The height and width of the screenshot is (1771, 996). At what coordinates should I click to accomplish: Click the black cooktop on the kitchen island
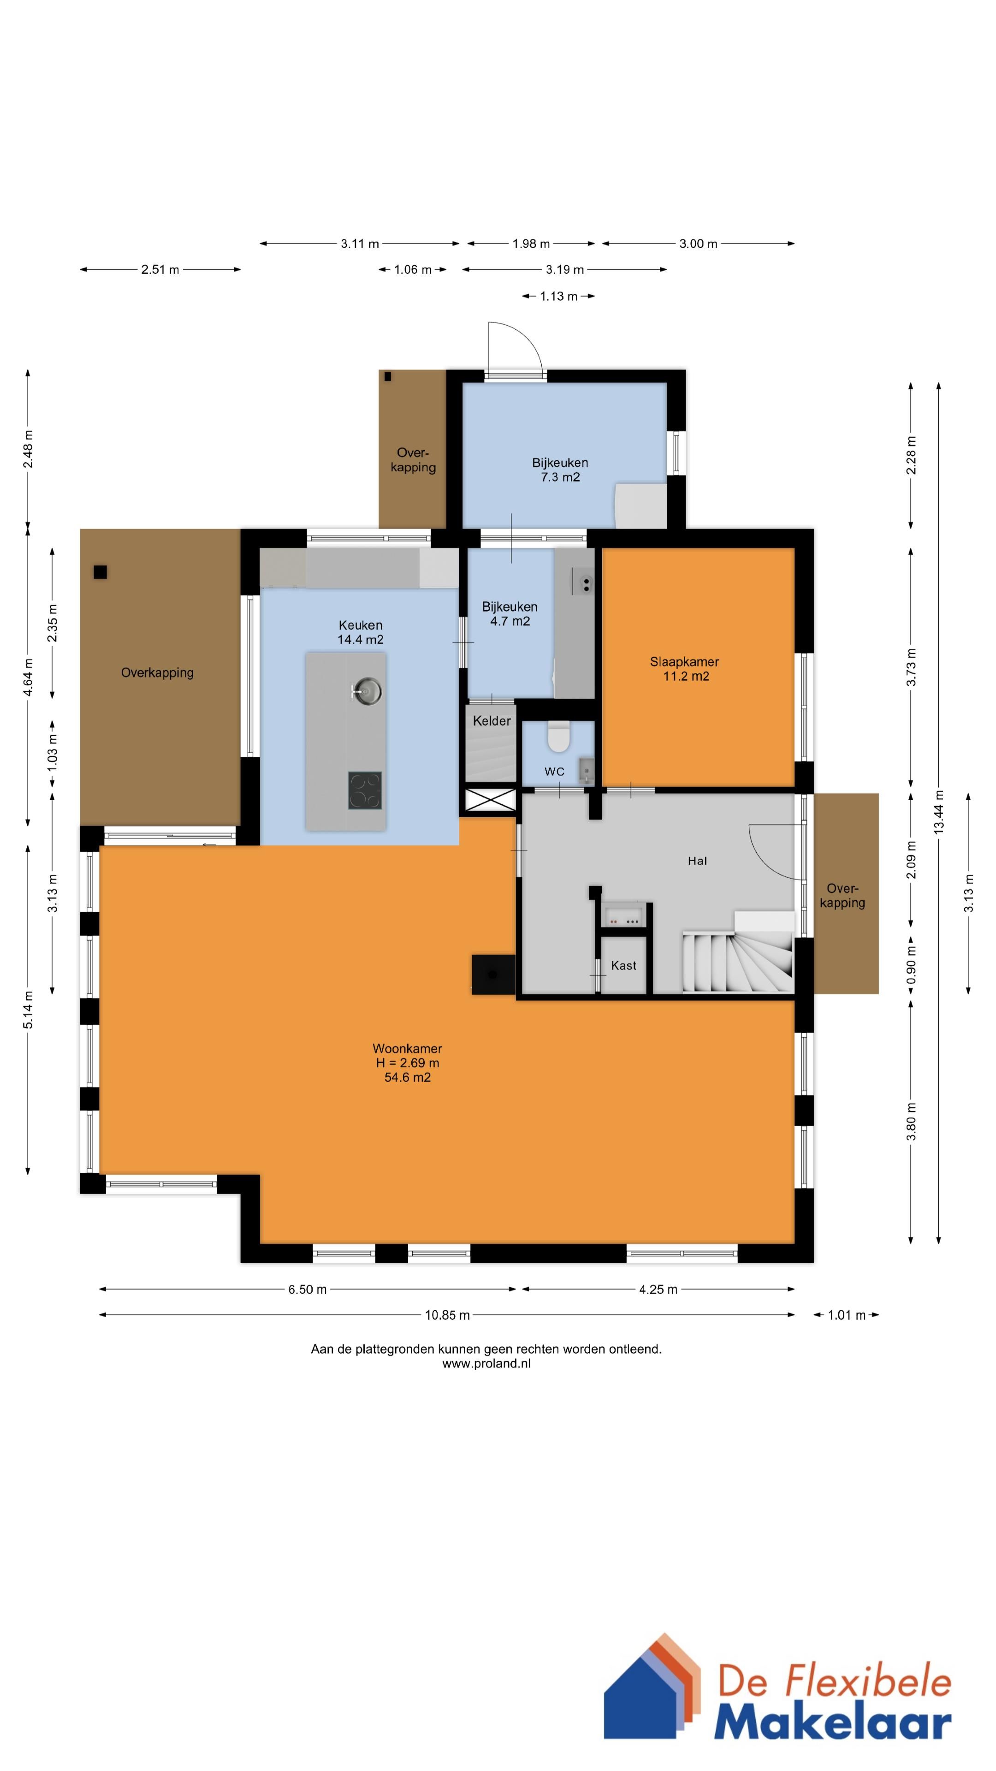[x=365, y=790]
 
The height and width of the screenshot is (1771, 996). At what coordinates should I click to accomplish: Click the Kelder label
[x=492, y=720]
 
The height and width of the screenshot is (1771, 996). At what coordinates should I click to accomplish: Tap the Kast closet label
[x=623, y=965]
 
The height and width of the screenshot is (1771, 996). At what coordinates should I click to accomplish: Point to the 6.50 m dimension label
[x=307, y=1289]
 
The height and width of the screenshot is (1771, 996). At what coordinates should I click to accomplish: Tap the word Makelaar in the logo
[x=832, y=1724]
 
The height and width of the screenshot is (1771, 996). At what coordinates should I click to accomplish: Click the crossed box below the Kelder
[x=491, y=800]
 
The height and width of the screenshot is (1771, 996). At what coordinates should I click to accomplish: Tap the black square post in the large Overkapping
[x=101, y=571]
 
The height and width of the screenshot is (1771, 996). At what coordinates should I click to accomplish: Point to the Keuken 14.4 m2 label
[x=360, y=632]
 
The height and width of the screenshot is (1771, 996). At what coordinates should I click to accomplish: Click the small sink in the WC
[x=586, y=770]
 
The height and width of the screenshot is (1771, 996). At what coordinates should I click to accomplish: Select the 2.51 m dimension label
[x=160, y=269]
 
